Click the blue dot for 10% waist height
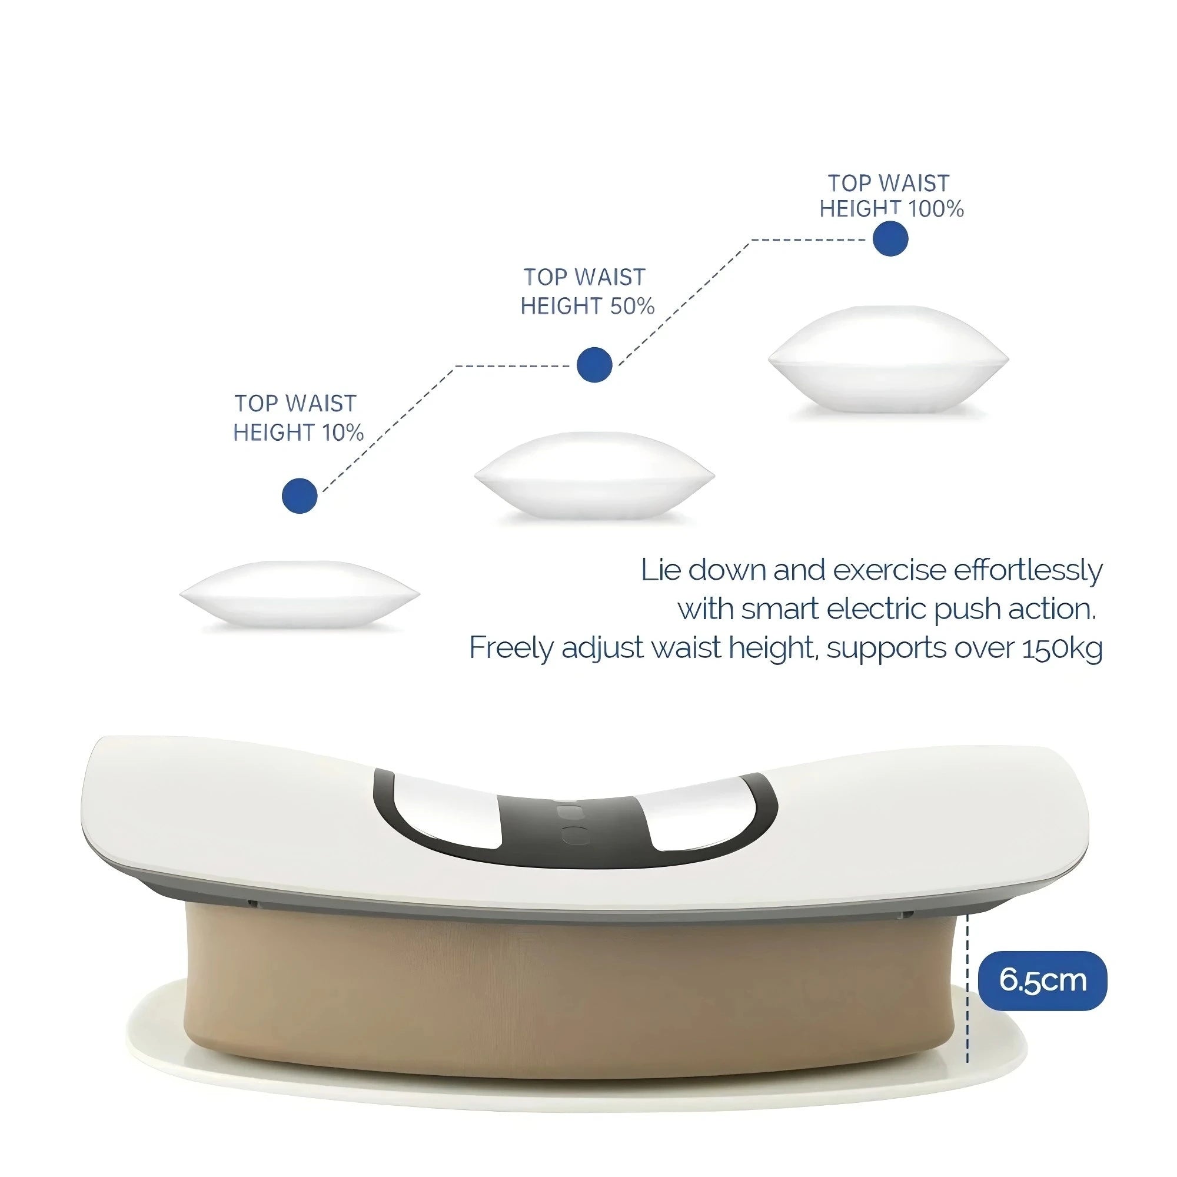[x=300, y=496]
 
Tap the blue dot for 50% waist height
[x=594, y=365]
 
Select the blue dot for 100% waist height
[x=890, y=238]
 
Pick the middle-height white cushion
[x=594, y=475]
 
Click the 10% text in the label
[x=343, y=433]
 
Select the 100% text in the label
[x=936, y=210]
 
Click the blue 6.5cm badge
[x=1042, y=980]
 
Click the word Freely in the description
[x=510, y=648]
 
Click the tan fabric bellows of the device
[x=573, y=999]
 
